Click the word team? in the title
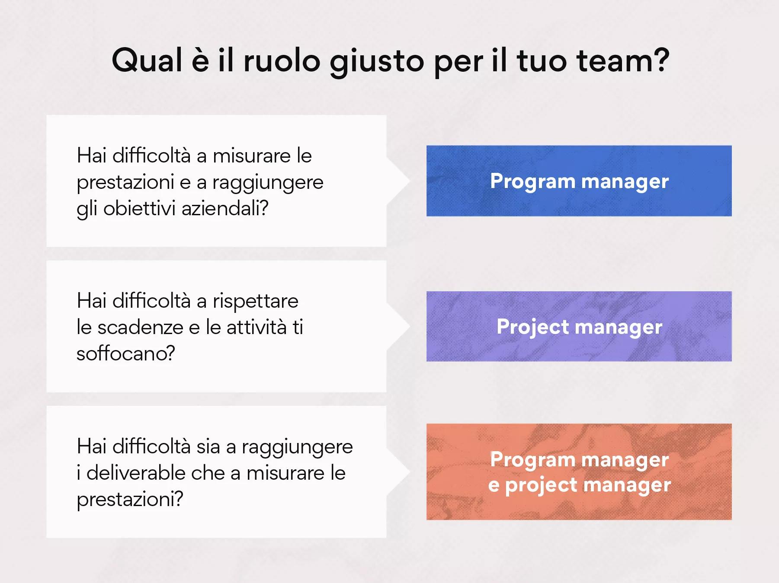point(623,61)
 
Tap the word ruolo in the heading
point(282,61)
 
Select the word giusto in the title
point(377,63)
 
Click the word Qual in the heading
point(147,61)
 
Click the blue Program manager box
point(579,181)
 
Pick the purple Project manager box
point(579,326)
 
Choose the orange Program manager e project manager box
point(579,471)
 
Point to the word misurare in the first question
point(252,156)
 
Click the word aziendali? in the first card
point(225,208)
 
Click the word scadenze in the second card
point(141,328)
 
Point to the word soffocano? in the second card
point(126,354)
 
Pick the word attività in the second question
point(256,328)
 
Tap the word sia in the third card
point(209,446)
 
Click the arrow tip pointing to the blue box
point(409,181)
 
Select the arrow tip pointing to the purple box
point(409,326)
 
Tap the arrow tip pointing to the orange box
point(409,471)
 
